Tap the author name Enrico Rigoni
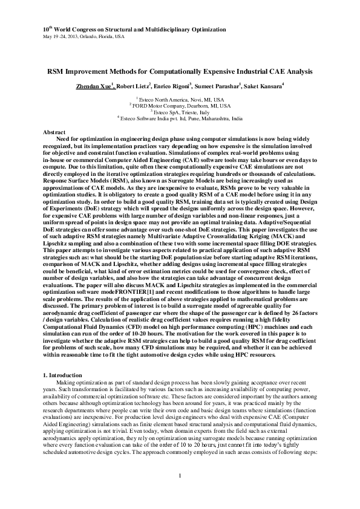pyautogui.click(x=172, y=86)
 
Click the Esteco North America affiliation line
pyautogui.click(x=180, y=99)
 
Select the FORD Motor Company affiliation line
pyautogui.click(x=180, y=105)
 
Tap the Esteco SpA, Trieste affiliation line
pyautogui.click(x=180, y=112)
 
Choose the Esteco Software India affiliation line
pyautogui.click(x=180, y=118)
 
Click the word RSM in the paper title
pyautogui.click(x=57, y=71)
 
